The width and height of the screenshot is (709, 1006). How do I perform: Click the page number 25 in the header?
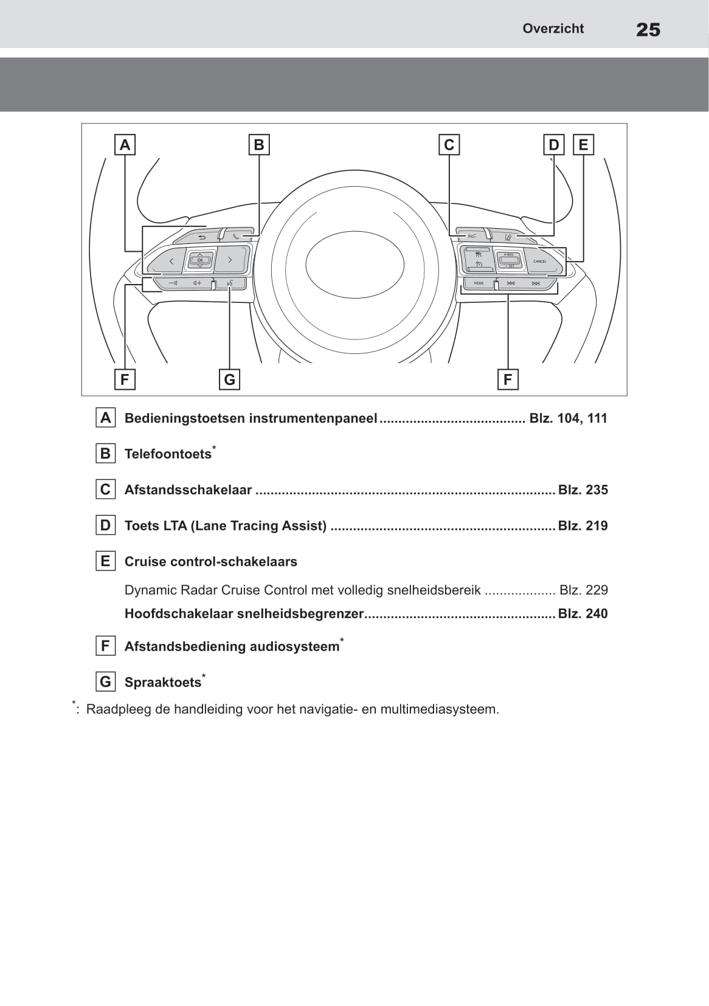click(648, 29)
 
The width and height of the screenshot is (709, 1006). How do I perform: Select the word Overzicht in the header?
click(553, 29)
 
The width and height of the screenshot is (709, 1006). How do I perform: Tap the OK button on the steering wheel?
click(200, 260)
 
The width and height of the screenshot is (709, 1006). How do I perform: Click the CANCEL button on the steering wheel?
click(539, 262)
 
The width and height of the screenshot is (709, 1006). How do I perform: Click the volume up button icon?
click(197, 283)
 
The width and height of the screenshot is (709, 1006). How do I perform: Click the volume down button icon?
click(173, 283)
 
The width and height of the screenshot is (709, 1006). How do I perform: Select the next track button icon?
click(535, 283)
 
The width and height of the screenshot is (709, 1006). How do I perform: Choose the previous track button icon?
click(511, 283)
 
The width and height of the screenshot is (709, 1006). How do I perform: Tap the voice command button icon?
click(230, 283)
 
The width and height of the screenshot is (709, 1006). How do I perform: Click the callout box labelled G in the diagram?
click(229, 380)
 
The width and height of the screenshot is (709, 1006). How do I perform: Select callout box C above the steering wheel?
click(449, 145)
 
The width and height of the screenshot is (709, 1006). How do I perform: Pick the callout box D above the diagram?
click(553, 145)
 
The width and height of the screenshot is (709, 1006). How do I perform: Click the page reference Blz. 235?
click(583, 490)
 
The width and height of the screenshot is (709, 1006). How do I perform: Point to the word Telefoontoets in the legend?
click(168, 454)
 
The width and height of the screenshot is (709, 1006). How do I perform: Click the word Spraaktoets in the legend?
click(162, 682)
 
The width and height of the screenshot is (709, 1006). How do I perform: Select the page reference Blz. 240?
click(583, 614)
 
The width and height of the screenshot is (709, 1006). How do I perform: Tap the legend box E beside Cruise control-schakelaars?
click(106, 561)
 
